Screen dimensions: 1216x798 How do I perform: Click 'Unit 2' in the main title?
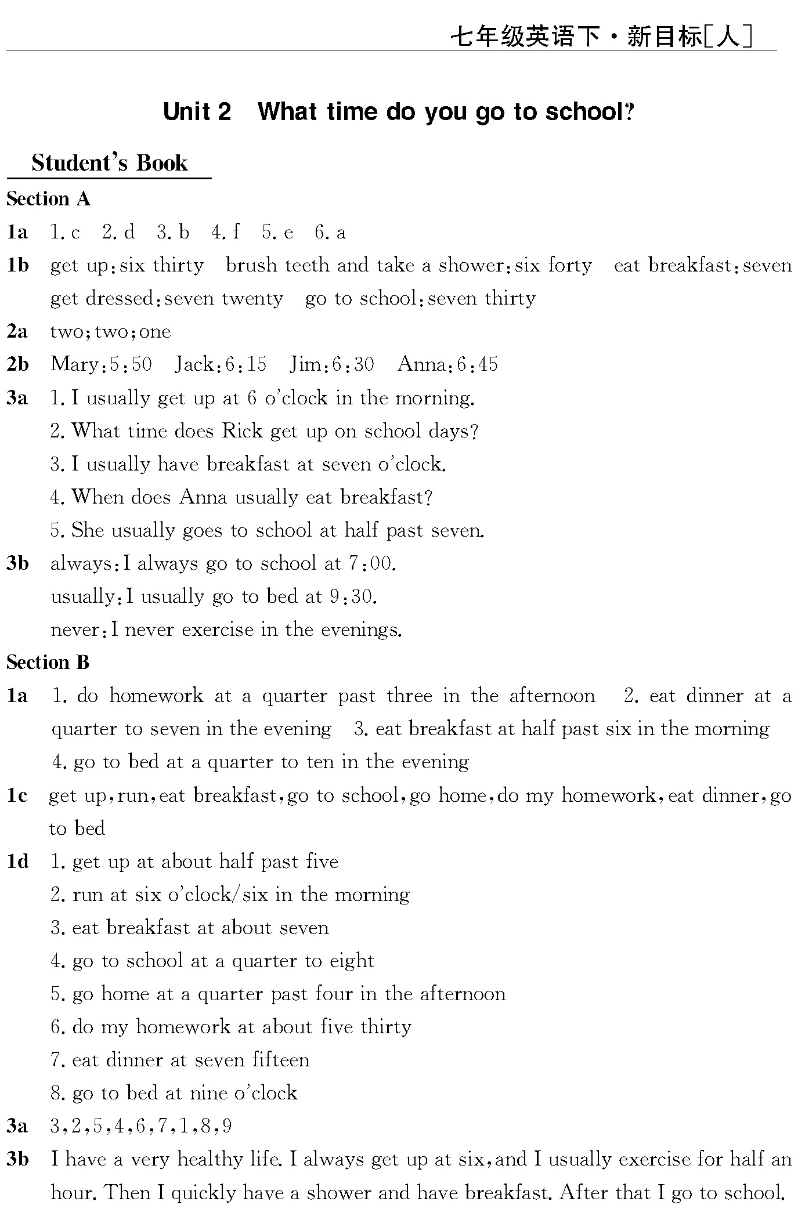(x=197, y=111)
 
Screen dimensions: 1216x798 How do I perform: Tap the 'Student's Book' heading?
(x=110, y=163)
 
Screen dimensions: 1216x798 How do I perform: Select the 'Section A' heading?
(x=48, y=199)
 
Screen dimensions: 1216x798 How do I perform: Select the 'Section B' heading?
(x=48, y=662)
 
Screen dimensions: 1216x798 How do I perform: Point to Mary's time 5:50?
(x=130, y=365)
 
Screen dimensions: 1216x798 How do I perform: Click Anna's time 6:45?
(x=477, y=365)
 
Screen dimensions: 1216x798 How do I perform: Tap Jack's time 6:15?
(x=245, y=365)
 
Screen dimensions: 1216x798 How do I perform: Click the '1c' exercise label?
(x=17, y=795)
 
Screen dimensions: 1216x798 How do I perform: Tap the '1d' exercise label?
(x=17, y=862)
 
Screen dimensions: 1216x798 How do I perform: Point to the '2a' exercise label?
(x=17, y=332)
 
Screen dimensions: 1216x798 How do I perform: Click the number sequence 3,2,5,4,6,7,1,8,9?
(x=141, y=1127)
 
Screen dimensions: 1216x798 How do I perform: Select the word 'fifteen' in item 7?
(x=280, y=1061)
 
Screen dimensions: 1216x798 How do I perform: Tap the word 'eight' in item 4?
(x=352, y=961)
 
